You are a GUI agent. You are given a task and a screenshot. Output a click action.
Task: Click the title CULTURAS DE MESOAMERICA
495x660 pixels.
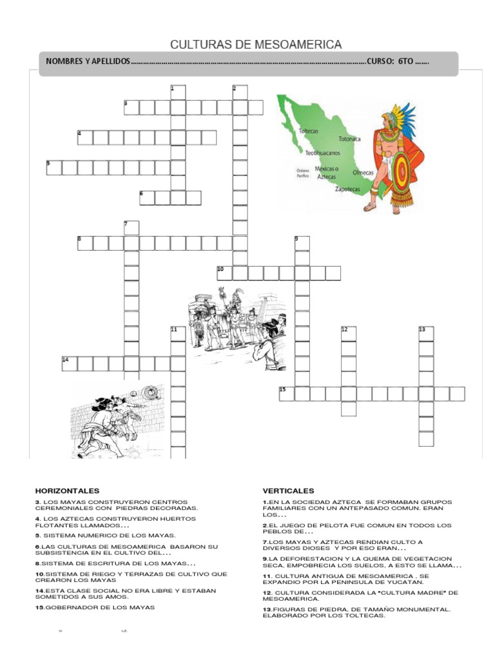pos(256,44)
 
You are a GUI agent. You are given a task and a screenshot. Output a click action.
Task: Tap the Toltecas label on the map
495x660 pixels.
pos(309,131)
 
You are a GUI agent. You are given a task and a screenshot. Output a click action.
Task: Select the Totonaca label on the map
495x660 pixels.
pos(349,139)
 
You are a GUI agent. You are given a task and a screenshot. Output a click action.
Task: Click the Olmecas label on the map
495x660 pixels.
pos(364,173)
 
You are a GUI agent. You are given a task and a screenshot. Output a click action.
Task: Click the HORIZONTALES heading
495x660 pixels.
pos(68,490)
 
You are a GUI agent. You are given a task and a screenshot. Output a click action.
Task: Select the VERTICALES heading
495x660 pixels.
pos(288,490)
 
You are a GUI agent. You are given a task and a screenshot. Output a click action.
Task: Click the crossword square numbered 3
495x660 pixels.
pos(131,107)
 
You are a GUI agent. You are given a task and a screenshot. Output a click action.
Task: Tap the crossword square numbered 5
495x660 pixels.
pos(54,168)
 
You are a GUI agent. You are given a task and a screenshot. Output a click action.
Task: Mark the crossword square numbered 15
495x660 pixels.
pos(287,394)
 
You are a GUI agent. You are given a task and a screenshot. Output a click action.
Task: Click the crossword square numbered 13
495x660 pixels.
pos(426,334)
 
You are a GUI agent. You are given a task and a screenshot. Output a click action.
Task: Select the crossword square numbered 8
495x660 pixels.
pos(85,243)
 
